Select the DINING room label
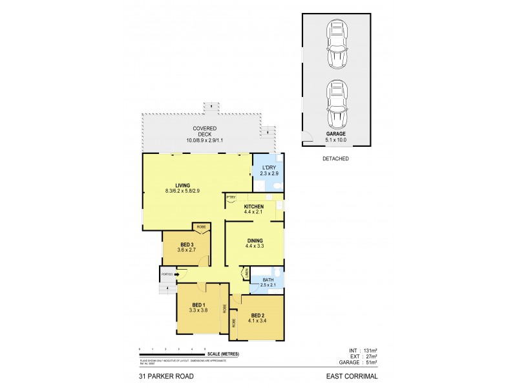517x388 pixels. click(253, 241)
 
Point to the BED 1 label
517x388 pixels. click(199, 305)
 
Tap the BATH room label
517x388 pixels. click(268, 279)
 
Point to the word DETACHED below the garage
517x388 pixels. click(335, 158)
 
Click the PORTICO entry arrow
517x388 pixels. click(168, 274)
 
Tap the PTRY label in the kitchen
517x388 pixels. click(231, 197)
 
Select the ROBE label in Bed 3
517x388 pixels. click(201, 227)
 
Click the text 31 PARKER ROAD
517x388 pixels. click(165, 376)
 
